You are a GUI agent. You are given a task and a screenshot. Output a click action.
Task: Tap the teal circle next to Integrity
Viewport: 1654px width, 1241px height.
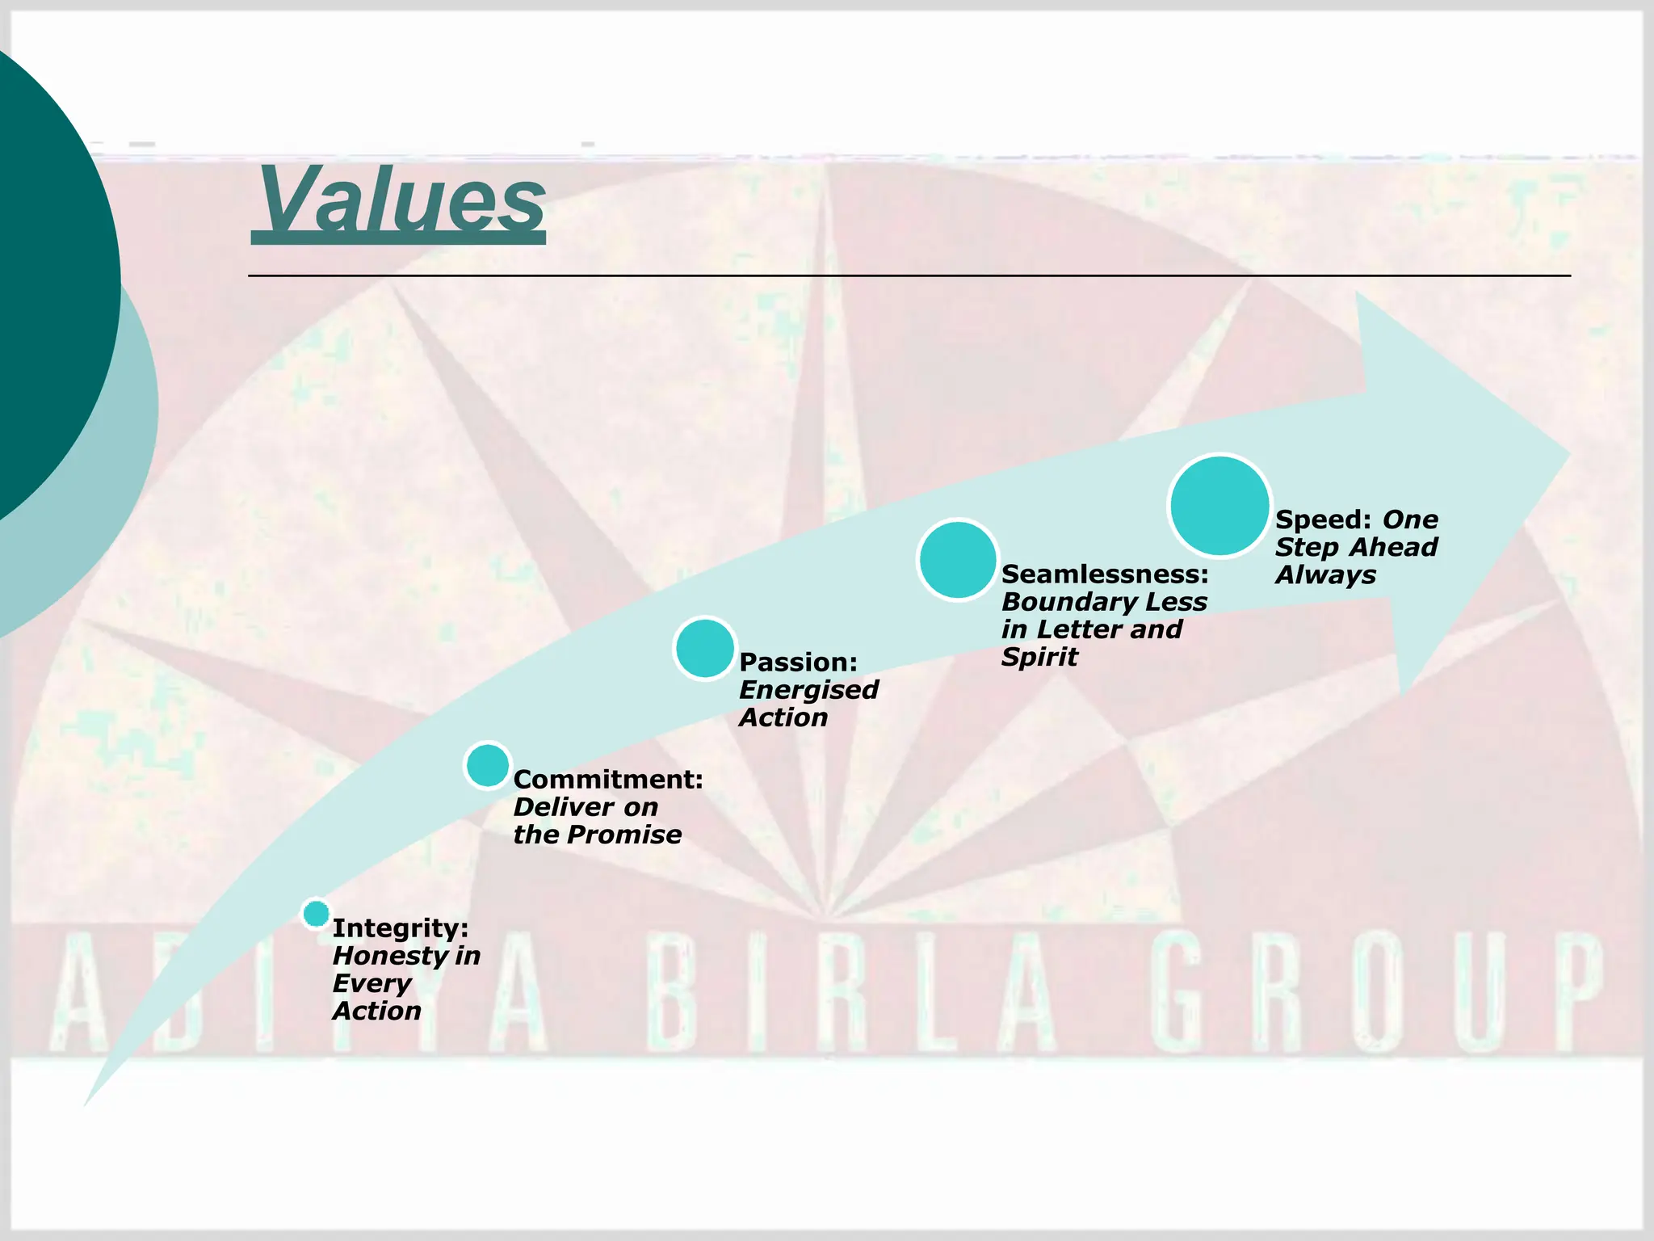(x=316, y=914)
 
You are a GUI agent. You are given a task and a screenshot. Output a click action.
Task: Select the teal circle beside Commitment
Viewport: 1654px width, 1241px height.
(x=488, y=765)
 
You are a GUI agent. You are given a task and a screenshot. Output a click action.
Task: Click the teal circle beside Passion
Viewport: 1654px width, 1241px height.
(x=705, y=648)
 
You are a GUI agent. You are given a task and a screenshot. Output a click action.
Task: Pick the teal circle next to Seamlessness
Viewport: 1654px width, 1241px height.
(x=958, y=560)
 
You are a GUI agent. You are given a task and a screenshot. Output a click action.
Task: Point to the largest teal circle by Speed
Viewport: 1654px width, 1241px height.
(x=1220, y=506)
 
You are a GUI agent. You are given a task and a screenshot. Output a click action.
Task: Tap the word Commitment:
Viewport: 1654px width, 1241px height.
(x=608, y=780)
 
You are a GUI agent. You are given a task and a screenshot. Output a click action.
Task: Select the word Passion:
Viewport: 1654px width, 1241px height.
(x=798, y=663)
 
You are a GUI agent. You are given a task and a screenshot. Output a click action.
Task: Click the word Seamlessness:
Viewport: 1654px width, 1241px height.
(x=1105, y=574)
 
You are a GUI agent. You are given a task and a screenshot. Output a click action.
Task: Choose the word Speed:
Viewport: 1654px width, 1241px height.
(x=1323, y=520)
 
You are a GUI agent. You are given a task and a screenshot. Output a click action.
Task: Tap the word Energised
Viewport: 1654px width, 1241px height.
(x=808, y=690)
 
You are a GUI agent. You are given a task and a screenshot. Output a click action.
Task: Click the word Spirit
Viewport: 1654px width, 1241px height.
(x=1039, y=657)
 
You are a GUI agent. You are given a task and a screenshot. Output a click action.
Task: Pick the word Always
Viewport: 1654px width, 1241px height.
(x=1325, y=575)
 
